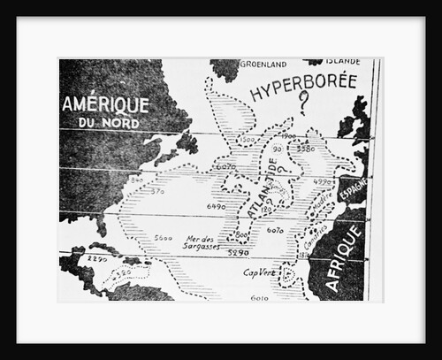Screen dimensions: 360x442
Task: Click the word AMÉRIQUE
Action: pyautogui.click(x=105, y=103)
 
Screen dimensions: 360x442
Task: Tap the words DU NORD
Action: pyautogui.click(x=110, y=122)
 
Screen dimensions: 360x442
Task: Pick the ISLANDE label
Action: pyautogui.click(x=342, y=63)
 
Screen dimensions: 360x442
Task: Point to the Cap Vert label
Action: pyautogui.click(x=259, y=272)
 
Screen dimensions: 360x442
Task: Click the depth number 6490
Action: pyautogui.click(x=215, y=206)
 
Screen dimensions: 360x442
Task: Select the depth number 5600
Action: pyautogui.click(x=162, y=237)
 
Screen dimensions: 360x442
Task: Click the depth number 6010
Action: pyautogui.click(x=259, y=298)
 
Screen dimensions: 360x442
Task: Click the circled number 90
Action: pyautogui.click(x=277, y=149)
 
